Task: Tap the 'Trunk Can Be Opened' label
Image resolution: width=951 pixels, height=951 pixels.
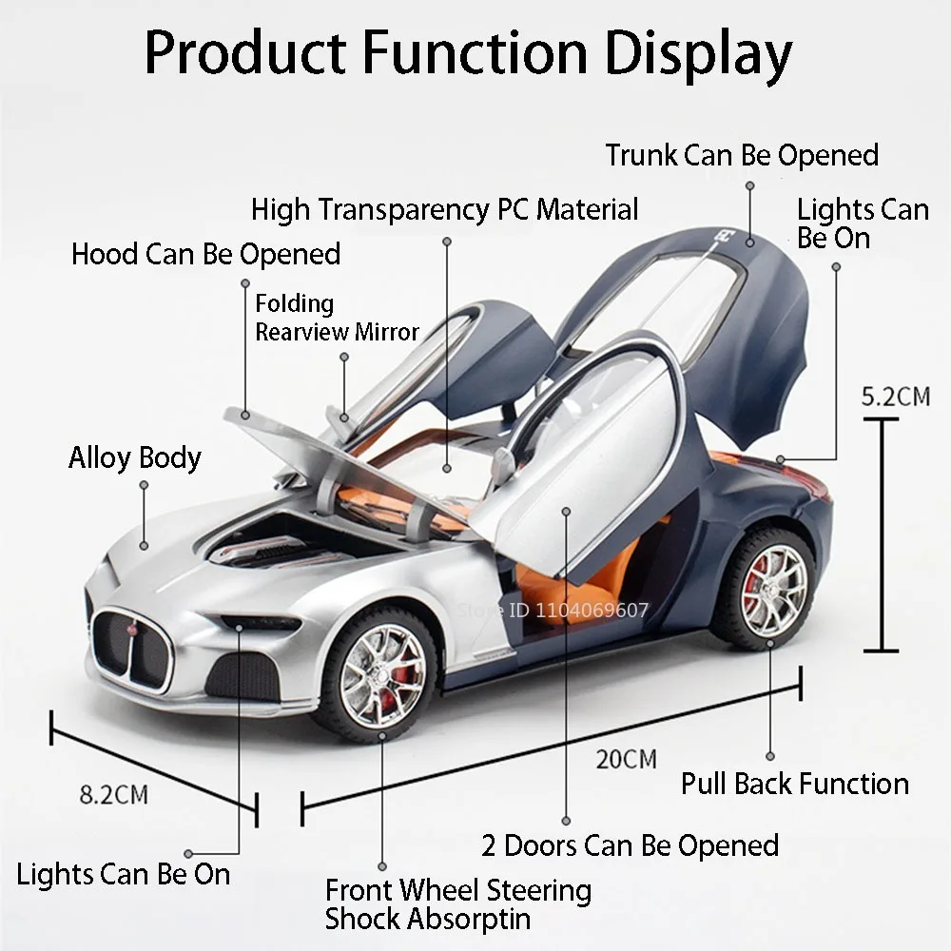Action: [x=742, y=155]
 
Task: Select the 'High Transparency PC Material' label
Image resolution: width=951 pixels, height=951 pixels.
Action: [x=445, y=209]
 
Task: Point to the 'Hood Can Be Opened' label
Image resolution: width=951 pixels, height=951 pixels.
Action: [x=205, y=255]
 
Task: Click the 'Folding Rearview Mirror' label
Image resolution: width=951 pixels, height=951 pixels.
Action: [x=337, y=318]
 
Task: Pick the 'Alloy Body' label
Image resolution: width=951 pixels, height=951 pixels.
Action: [x=135, y=458]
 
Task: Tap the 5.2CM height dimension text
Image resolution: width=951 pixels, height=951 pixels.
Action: [x=895, y=397]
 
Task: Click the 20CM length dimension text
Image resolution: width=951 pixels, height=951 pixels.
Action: [x=627, y=759]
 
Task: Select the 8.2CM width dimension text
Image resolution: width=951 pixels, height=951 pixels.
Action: [x=113, y=794]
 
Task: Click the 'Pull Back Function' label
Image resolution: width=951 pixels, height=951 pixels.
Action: [x=795, y=784]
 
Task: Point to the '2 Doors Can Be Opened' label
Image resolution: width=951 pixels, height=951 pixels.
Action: [x=630, y=845]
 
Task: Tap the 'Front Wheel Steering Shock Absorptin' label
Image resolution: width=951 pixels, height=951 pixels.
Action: [x=457, y=904]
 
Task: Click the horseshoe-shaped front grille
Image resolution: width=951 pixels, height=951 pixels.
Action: [x=132, y=649]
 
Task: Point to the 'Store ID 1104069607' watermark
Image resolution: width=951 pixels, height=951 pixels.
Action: [x=553, y=610]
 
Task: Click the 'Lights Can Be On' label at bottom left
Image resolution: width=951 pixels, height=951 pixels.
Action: [x=124, y=874]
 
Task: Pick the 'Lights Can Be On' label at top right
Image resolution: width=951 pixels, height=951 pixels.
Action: [x=862, y=223]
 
